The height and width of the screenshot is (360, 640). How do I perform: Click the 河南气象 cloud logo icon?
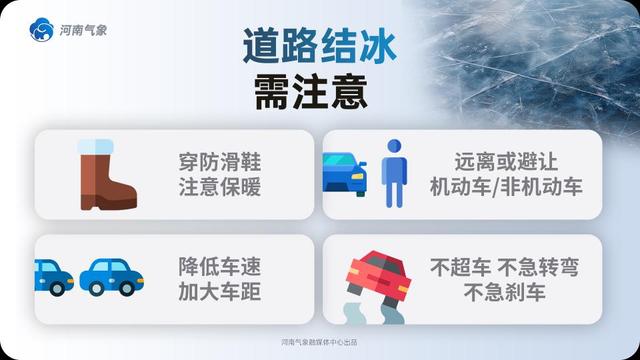click(x=41, y=30)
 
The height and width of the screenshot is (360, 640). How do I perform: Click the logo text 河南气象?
click(x=83, y=30)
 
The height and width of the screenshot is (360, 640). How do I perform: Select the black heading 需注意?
click(x=311, y=93)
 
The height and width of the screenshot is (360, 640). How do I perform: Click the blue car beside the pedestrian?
click(x=343, y=174)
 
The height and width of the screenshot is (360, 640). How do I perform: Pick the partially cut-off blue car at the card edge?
click(x=53, y=275)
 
